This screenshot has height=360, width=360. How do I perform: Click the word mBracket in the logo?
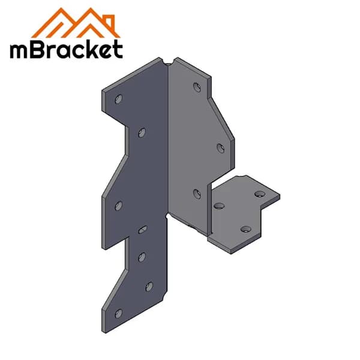[x=66, y=49]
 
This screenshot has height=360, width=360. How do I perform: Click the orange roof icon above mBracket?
[x=76, y=23]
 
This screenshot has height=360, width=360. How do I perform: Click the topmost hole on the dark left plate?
[x=118, y=99]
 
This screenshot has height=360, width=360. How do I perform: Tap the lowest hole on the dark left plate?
[x=118, y=313]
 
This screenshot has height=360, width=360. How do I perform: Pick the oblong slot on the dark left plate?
[x=143, y=229]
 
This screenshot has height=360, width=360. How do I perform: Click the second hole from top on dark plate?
[x=142, y=133]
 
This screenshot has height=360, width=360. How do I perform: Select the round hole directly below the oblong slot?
[x=142, y=257]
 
